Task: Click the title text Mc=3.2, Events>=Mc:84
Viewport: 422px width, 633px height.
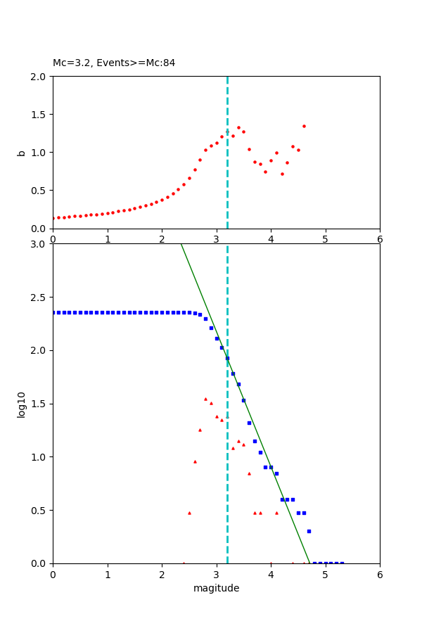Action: (x=114, y=63)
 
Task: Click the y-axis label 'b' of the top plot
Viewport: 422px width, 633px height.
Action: (x=22, y=153)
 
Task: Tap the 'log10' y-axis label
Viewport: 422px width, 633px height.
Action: (x=22, y=404)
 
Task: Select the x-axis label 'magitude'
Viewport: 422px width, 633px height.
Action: (x=216, y=588)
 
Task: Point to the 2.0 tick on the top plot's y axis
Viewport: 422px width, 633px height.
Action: (x=40, y=77)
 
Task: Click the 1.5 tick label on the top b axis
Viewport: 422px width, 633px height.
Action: (x=40, y=115)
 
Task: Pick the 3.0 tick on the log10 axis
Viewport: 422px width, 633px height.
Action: (x=40, y=244)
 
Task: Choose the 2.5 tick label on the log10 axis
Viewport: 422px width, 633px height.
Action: (x=40, y=298)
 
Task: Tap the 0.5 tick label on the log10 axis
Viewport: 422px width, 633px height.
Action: (x=40, y=511)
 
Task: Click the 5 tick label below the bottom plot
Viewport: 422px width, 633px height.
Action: (x=325, y=574)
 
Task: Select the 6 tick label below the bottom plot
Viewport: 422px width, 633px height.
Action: (x=380, y=574)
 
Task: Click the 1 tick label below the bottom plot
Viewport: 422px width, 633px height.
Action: (x=108, y=574)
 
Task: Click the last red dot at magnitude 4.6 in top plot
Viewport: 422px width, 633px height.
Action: (x=304, y=127)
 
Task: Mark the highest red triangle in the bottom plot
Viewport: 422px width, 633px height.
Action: (x=205, y=399)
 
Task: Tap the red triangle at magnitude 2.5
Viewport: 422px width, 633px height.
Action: (x=189, y=513)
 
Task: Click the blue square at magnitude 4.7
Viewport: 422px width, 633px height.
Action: (x=309, y=531)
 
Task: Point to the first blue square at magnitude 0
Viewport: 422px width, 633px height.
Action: (x=53, y=312)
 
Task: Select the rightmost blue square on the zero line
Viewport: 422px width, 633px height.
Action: (x=342, y=563)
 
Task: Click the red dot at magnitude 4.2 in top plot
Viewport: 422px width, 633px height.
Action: (x=282, y=174)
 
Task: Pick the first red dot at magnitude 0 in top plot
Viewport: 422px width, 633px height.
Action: (x=53, y=218)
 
